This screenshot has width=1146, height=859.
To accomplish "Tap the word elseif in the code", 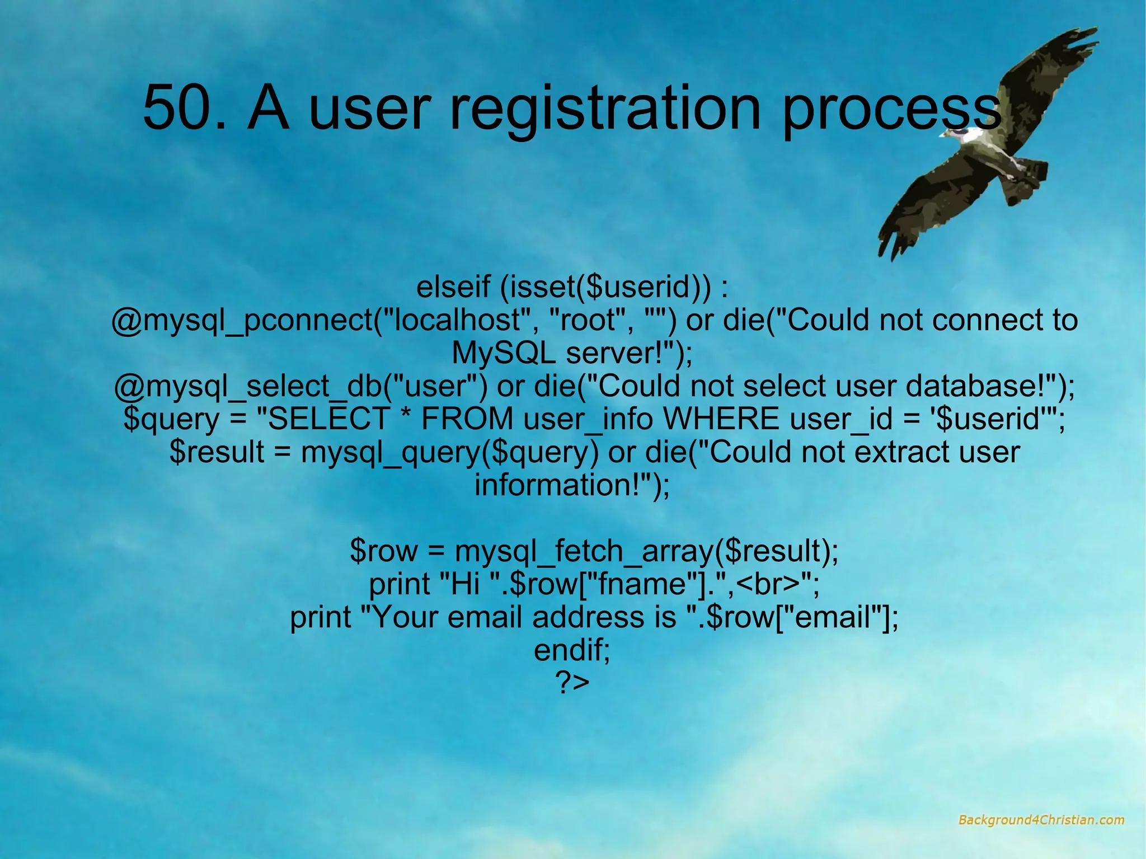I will [x=453, y=287].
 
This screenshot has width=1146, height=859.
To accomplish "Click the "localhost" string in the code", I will [x=453, y=320].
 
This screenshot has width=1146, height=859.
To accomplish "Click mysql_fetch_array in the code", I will [x=584, y=551].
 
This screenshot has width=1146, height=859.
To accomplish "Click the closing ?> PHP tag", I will [x=572, y=683].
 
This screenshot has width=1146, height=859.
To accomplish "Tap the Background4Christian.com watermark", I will [x=1041, y=820].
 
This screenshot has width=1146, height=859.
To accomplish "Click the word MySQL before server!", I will [x=504, y=353].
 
